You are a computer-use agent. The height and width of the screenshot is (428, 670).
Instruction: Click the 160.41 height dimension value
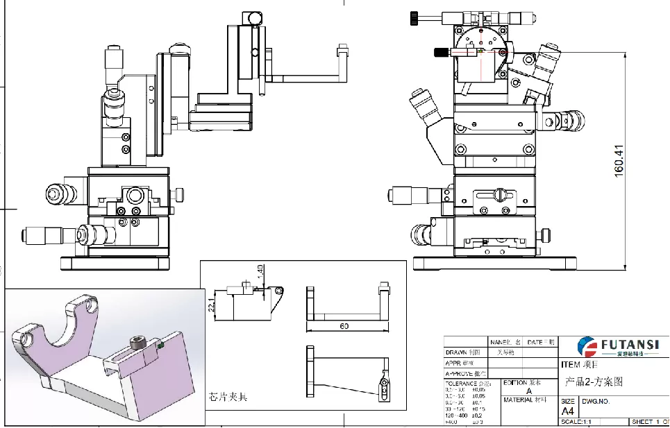(620, 160)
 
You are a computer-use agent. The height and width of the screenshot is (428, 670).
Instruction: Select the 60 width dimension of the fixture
(344, 325)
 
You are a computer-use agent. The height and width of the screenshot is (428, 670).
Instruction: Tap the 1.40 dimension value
(260, 273)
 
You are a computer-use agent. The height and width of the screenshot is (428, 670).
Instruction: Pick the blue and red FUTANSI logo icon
(587, 346)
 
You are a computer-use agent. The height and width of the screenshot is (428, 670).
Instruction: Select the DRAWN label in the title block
(458, 351)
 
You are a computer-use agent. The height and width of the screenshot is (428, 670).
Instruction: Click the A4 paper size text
(567, 411)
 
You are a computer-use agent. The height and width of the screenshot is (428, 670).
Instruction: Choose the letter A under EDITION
(529, 391)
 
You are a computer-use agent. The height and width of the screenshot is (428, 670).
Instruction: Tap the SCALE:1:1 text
(578, 422)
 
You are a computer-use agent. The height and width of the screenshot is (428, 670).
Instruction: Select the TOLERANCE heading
(463, 382)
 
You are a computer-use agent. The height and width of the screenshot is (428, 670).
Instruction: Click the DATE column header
(535, 341)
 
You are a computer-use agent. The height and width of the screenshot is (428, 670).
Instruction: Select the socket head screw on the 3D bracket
(136, 341)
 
